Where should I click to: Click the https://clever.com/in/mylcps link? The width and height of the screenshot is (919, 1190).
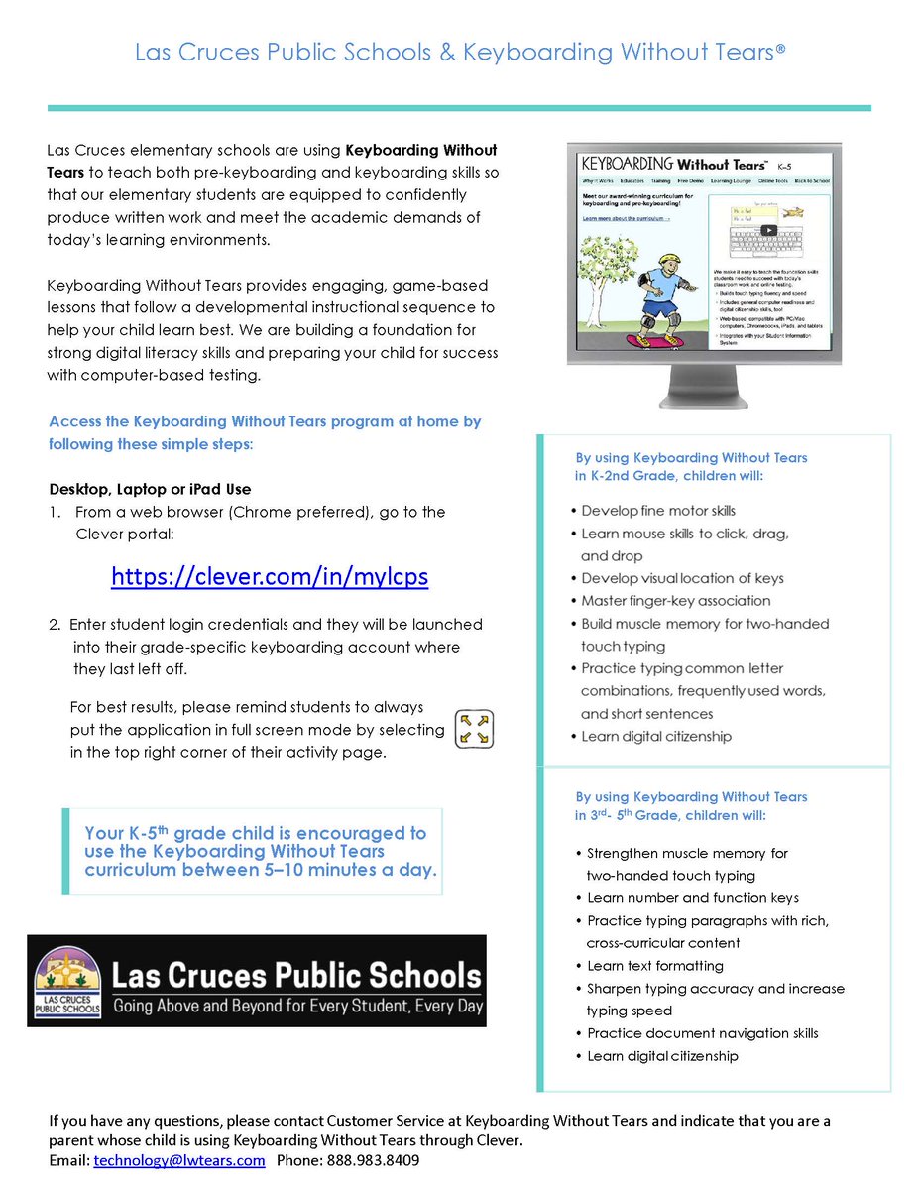pos(270,576)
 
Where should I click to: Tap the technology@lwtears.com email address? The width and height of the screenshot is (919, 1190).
pos(179,1160)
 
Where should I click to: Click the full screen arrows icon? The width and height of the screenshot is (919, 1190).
pos(473,728)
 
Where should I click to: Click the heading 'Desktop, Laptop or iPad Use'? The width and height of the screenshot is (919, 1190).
pos(150,489)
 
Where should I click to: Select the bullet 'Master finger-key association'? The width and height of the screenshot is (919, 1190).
pos(675,601)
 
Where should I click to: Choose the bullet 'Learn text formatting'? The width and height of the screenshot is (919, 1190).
pos(654,966)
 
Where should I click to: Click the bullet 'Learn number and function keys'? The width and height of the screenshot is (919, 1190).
pos(692,898)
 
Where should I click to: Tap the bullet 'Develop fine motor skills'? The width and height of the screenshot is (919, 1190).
pos(658,511)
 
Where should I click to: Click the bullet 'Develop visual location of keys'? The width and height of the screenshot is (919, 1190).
pos(682,578)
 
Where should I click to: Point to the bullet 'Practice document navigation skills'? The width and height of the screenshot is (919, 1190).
pos(702,1033)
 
